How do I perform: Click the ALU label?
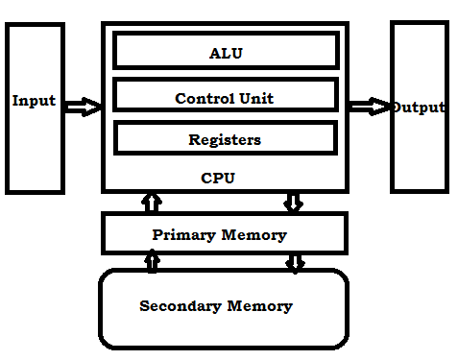click(x=226, y=53)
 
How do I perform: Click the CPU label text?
click(x=218, y=178)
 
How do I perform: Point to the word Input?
click(x=34, y=101)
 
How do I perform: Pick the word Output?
click(x=418, y=107)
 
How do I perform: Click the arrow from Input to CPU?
click(x=84, y=106)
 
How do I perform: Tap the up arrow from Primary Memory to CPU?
click(x=151, y=202)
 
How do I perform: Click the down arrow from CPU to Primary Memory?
click(x=294, y=202)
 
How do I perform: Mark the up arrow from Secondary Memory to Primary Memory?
click(x=151, y=259)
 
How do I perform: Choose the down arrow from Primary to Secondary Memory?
click(x=295, y=261)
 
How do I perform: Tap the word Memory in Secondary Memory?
click(x=259, y=307)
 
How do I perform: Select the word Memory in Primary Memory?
click(x=254, y=234)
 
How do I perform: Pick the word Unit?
click(x=255, y=98)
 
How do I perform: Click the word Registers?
click(x=225, y=139)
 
